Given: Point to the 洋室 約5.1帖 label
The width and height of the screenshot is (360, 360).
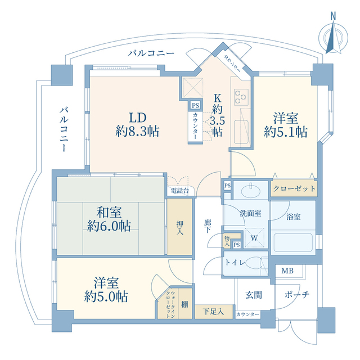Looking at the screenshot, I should (x=286, y=125).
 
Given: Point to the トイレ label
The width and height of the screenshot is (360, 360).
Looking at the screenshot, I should (x=235, y=262).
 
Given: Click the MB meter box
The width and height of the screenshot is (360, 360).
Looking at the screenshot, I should (x=287, y=271).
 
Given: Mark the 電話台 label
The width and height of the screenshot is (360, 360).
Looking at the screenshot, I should (x=179, y=191).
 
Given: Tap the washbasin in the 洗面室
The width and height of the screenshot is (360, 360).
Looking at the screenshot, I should (x=248, y=192).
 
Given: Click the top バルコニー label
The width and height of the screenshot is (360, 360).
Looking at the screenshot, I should (x=150, y=53).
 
